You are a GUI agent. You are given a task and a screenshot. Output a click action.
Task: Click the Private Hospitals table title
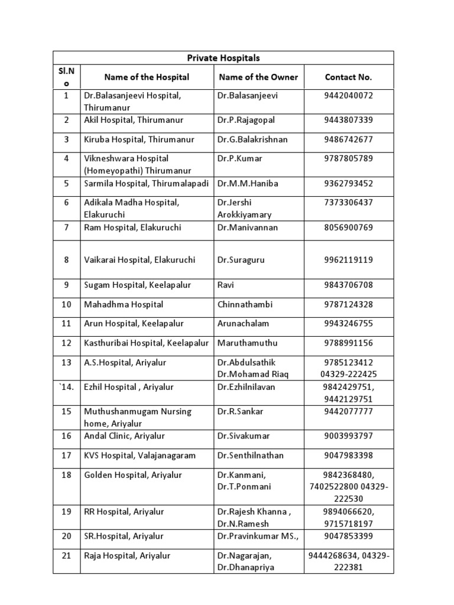[x=223, y=58]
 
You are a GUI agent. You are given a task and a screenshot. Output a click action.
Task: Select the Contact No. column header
[x=348, y=77]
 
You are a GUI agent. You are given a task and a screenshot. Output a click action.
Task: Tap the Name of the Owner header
[x=258, y=77]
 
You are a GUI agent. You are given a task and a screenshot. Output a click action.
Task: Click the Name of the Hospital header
[x=147, y=77]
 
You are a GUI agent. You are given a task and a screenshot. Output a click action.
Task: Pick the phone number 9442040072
[x=348, y=95]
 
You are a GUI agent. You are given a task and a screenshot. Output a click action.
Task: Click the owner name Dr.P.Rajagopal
[x=246, y=120]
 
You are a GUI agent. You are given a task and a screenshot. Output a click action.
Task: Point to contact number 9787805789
[x=348, y=158]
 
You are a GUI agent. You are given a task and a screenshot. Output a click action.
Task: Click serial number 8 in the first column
[x=67, y=260]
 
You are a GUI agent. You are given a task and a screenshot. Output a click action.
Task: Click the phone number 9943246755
[x=348, y=324]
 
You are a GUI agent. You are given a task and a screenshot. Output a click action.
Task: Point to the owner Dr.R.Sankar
[x=240, y=411]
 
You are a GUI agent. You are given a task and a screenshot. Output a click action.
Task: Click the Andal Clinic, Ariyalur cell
[x=124, y=436]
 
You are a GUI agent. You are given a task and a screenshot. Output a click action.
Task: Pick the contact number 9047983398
[x=348, y=456]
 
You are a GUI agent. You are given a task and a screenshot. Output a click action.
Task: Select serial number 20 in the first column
[x=67, y=536]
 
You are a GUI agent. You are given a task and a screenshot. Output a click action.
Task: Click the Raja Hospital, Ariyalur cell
[x=127, y=556]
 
